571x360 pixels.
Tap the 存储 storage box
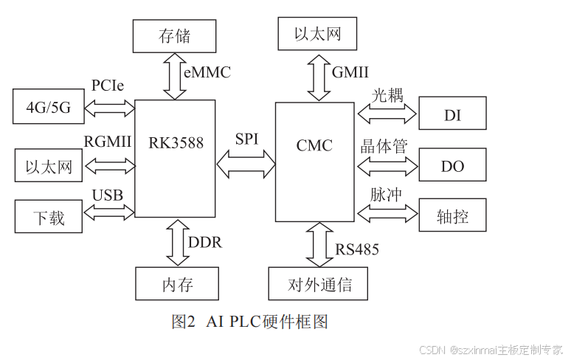[x=175, y=35]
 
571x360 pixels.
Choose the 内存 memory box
[x=177, y=284]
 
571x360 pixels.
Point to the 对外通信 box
[x=318, y=284]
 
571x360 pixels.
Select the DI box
[x=452, y=116]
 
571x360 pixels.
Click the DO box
[x=452, y=166]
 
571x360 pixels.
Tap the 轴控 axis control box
[x=452, y=217]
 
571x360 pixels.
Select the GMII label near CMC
[x=350, y=72]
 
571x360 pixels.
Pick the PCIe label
[x=108, y=86]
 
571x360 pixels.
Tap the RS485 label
[x=357, y=249]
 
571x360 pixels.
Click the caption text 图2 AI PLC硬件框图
[x=249, y=322]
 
